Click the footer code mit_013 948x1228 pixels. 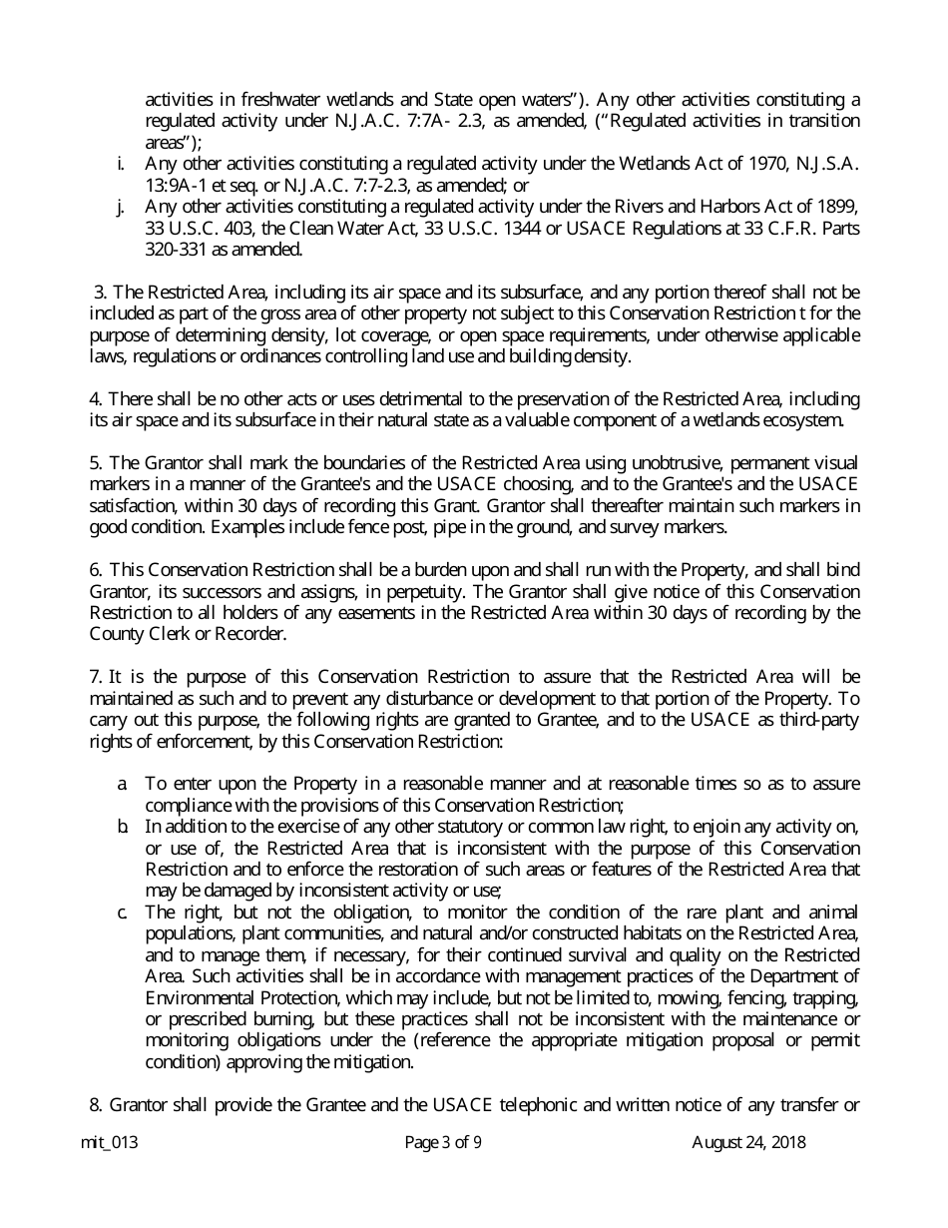109,1143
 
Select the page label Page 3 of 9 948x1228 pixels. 443,1143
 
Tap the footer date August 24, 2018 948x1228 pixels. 748,1143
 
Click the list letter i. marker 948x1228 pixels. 121,163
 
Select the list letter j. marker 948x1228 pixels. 121,207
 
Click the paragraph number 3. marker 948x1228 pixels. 99,292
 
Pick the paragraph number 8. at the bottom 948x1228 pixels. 96,1105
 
